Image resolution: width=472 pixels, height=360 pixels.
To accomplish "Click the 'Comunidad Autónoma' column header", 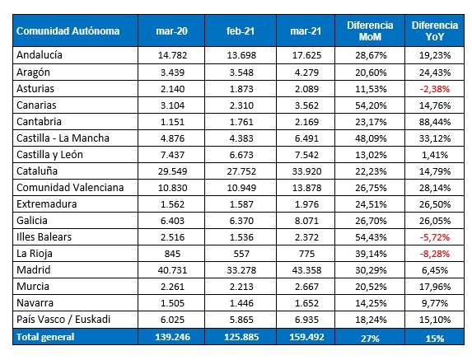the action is [68, 31].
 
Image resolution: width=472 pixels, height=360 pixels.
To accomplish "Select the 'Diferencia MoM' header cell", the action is [370, 31].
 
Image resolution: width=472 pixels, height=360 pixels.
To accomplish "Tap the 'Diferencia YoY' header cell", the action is [435, 31].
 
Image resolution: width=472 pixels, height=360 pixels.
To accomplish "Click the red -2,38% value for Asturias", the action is [435, 89].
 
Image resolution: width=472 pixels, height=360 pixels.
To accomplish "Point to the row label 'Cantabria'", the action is [40, 122].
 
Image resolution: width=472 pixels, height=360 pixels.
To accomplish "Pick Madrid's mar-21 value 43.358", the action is [306, 270].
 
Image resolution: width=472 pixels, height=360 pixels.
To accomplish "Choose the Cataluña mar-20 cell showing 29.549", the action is [172, 171].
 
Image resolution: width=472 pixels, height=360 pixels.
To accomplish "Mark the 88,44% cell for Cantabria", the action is [435, 122].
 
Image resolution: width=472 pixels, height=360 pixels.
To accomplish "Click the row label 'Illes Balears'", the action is [44, 237].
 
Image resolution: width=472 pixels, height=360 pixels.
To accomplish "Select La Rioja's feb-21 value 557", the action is [241, 254].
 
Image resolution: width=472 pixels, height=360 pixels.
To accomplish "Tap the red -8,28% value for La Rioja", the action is [435, 254].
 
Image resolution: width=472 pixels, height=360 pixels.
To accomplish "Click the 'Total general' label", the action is [45, 337].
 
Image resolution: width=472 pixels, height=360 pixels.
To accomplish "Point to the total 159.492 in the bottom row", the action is [306, 337].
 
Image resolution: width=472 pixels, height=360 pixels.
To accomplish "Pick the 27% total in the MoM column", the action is [370, 339].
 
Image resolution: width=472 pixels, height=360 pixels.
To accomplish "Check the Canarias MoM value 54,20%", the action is [371, 105].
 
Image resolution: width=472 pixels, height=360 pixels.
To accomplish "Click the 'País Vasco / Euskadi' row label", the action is [63, 320].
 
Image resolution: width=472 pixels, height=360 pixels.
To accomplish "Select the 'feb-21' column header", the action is [241, 31].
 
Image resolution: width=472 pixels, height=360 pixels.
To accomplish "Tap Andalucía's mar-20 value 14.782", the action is [172, 55].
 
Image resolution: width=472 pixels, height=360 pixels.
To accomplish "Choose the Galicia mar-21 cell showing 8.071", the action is [306, 221].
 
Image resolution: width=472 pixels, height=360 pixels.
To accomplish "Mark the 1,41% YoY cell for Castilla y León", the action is [435, 155].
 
